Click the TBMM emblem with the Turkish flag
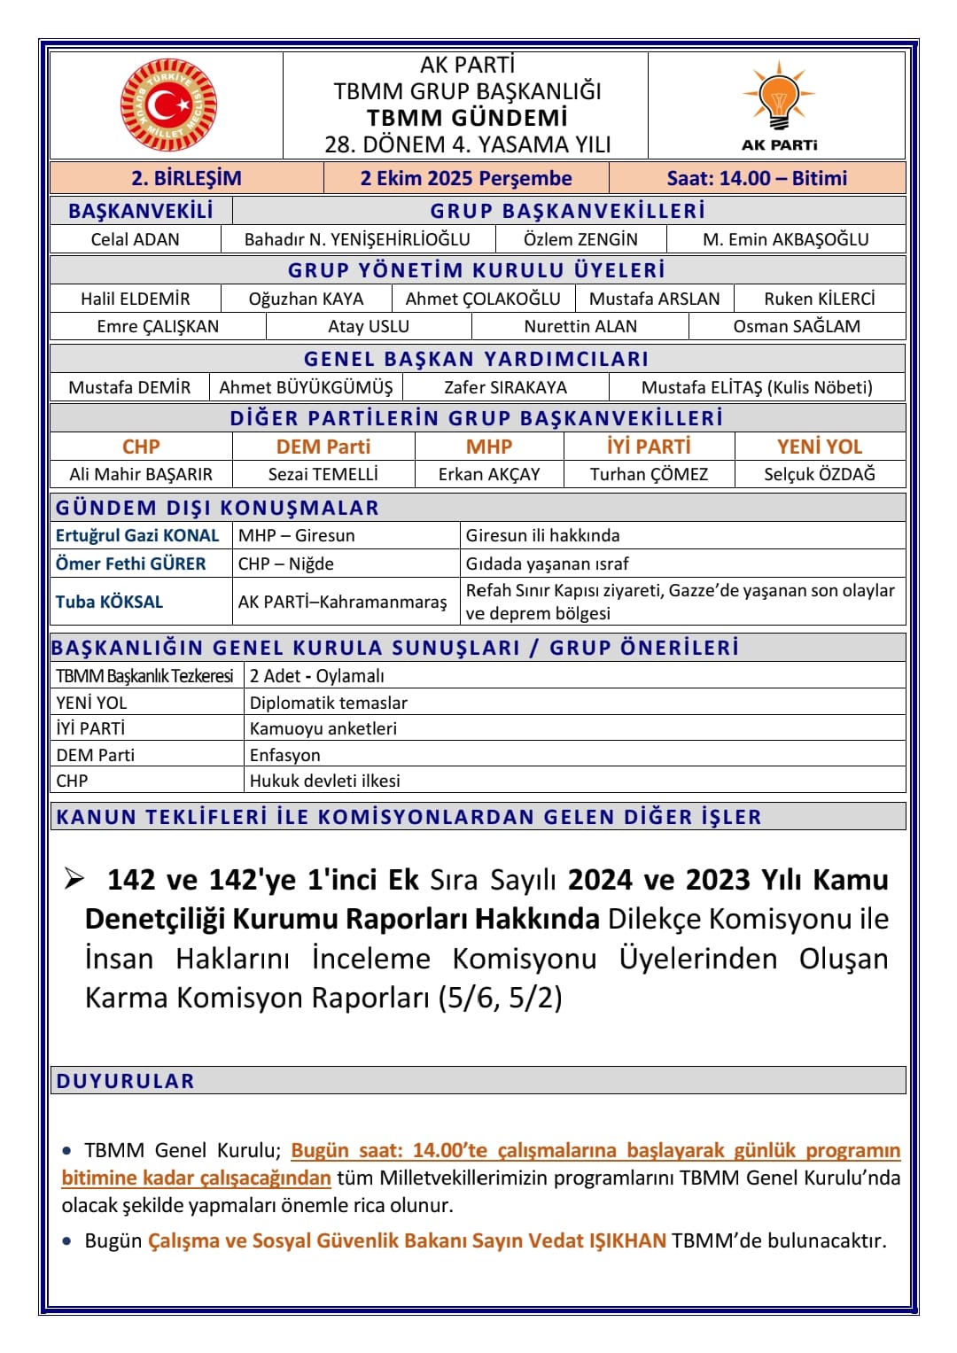pos(167,105)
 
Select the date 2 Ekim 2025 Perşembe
pos(466,178)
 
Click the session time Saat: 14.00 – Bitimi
pos(757,178)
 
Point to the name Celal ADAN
pos(135,239)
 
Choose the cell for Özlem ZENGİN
pos(580,239)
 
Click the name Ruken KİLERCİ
pos(820,299)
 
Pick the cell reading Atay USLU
pos(369,326)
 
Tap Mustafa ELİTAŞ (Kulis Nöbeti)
pos(757,387)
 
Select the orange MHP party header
pos(489,447)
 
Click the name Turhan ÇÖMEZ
pos(649,474)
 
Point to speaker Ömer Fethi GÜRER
pos(130,564)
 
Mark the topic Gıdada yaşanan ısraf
pos(547,564)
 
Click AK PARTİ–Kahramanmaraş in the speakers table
pos(342,603)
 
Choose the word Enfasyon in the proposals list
pos(285,755)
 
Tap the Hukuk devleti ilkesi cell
pos(325,781)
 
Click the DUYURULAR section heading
pos(125,1081)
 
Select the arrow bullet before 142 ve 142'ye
pos(74,879)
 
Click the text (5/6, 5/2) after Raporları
pos(500,999)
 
